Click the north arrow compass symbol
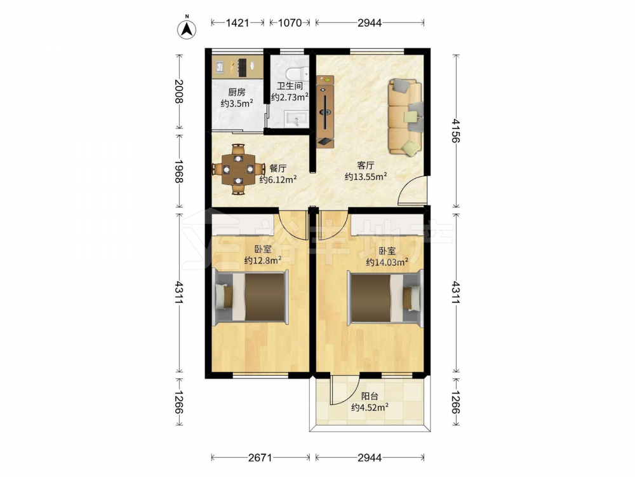[187, 29]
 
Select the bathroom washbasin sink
[297, 118]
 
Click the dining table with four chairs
[239, 169]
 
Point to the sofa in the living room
[405, 117]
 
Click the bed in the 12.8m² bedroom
[250, 296]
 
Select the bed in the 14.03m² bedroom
[385, 296]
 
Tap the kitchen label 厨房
[236, 92]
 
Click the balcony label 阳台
[370, 396]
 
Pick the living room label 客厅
[365, 165]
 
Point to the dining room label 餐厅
[278, 169]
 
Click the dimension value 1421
[237, 23]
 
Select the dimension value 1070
[290, 23]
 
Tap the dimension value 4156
[456, 131]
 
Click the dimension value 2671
[260, 457]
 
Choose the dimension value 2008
[178, 92]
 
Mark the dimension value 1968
[178, 171]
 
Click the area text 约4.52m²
[370, 407]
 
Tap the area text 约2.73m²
[290, 97]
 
